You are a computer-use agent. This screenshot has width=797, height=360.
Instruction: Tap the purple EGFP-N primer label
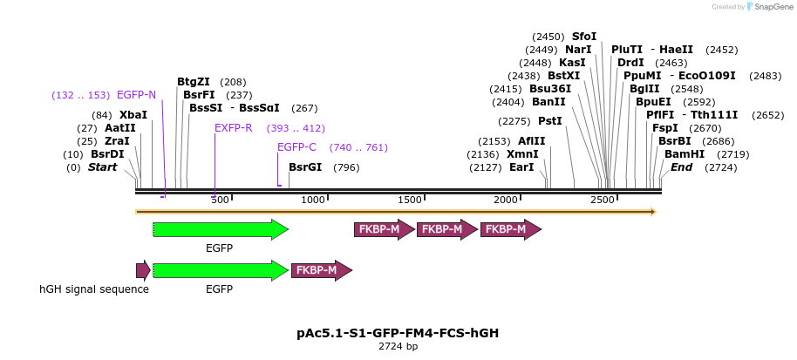136,94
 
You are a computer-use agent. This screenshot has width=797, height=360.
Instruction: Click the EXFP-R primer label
234,128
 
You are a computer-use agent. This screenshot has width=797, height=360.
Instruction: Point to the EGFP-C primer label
296,147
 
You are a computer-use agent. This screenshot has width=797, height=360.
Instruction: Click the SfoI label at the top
584,37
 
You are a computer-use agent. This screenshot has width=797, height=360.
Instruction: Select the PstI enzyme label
549,121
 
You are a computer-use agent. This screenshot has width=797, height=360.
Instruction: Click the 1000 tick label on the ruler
313,200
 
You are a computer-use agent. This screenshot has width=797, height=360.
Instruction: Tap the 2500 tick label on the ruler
603,200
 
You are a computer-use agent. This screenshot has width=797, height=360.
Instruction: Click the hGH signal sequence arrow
143,270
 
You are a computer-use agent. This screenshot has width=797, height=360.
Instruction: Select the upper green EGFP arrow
220,229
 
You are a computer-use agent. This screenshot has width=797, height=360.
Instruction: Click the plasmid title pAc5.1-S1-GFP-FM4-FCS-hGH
398,333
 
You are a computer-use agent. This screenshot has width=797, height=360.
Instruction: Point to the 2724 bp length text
398,347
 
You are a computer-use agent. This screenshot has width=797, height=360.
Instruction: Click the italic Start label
102,167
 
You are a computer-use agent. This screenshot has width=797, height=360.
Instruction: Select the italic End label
683,167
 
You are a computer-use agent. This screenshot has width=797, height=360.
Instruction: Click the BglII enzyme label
644,89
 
